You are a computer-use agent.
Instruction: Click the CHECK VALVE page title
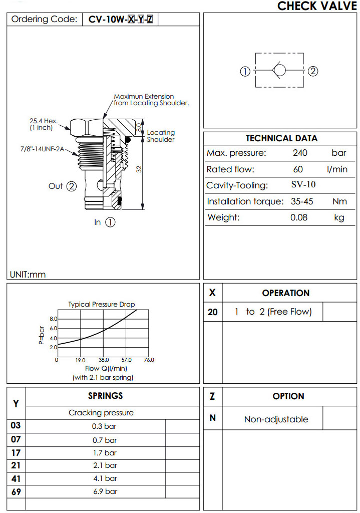[x=317, y=6]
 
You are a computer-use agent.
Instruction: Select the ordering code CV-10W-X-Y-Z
[x=121, y=20]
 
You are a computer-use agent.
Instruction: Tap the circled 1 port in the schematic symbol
[x=245, y=71]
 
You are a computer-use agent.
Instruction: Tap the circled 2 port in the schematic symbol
[x=313, y=71]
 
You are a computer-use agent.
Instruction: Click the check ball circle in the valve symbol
[x=280, y=71]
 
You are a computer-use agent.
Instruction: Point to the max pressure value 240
[x=300, y=153]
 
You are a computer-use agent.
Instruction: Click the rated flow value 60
[x=298, y=169]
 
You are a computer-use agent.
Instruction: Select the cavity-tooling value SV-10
[x=303, y=185]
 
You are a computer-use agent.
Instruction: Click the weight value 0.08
[x=299, y=217]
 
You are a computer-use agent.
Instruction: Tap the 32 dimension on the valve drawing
[x=140, y=169]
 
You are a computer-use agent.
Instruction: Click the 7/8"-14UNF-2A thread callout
[x=43, y=149]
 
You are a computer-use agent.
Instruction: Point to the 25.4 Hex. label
[x=44, y=121]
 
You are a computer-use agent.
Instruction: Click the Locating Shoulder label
[x=161, y=136]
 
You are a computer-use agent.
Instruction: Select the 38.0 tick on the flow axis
[x=104, y=360]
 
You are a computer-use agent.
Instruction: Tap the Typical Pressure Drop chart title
[x=102, y=304]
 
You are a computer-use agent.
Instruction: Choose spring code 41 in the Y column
[x=16, y=478]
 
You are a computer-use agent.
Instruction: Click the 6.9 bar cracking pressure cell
[x=105, y=491]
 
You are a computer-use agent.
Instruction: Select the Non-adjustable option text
[x=276, y=419]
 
